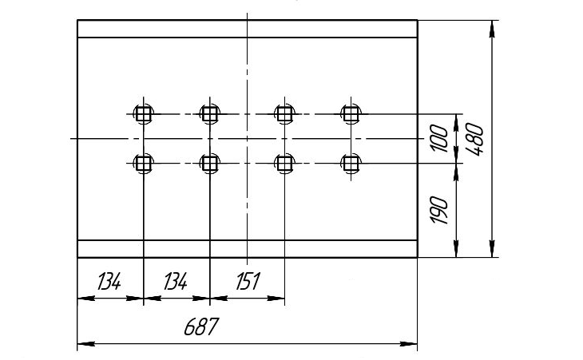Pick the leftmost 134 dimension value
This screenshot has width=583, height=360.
click(x=109, y=282)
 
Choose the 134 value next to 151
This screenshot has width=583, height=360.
click(x=175, y=282)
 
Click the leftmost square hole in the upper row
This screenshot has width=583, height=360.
click(x=143, y=114)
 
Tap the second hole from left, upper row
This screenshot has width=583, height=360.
click(x=209, y=114)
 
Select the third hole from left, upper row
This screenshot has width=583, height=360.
click(x=283, y=114)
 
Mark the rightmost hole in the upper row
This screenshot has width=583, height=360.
click(x=349, y=114)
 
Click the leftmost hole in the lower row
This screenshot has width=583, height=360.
click(x=143, y=164)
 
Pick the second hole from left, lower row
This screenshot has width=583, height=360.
click(x=209, y=164)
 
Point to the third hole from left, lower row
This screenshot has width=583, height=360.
click(x=283, y=164)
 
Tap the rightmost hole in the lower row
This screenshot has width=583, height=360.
click(x=349, y=164)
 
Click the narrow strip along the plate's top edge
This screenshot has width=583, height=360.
click(x=247, y=29)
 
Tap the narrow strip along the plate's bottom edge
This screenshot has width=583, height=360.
click(x=247, y=247)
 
